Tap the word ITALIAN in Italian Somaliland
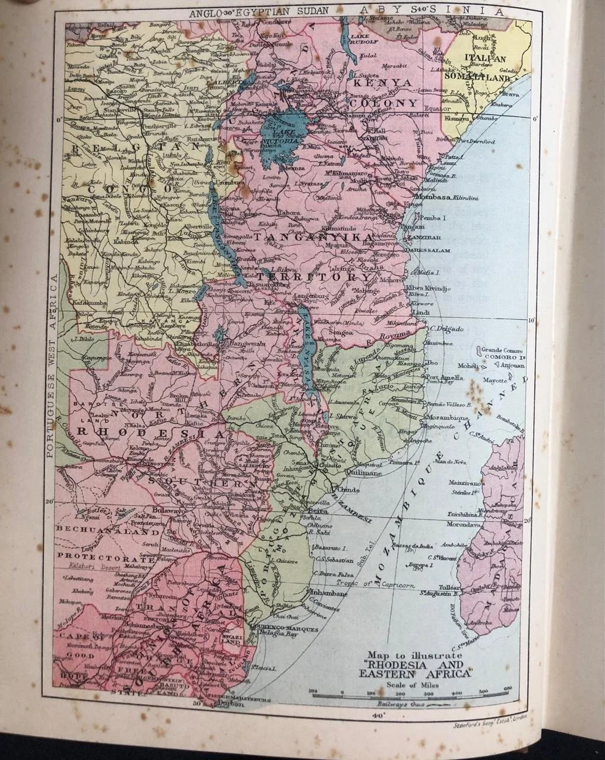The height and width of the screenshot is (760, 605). pyautogui.click(x=485, y=58)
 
